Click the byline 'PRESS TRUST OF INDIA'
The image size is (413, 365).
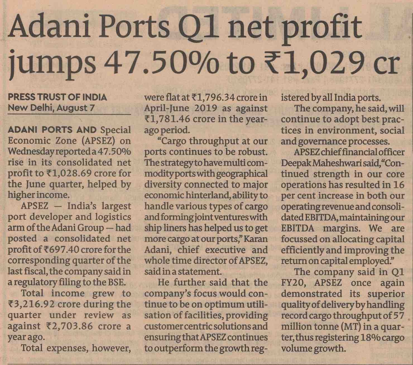coord(57,97)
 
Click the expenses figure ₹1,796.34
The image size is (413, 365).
coord(213,97)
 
